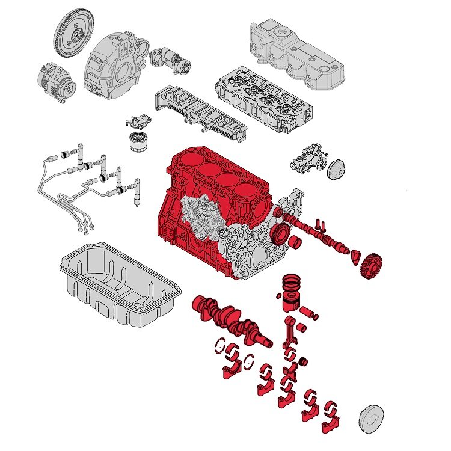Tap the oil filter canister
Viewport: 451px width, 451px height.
(139, 143)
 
